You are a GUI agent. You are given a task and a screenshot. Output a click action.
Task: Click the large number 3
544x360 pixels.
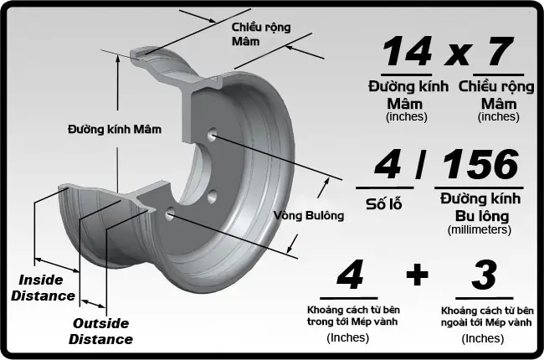point(484,275)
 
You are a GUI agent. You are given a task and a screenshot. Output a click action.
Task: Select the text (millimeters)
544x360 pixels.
point(480,229)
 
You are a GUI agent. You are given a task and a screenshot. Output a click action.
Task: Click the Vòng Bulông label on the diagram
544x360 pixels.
point(309,215)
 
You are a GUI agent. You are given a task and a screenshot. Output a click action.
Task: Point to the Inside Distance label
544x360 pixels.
point(47,287)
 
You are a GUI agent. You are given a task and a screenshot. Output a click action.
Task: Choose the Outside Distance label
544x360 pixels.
point(100,332)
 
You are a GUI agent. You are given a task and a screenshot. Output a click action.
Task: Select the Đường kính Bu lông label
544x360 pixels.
point(480,206)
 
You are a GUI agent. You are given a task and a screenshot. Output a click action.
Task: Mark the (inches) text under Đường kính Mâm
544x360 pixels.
point(407,116)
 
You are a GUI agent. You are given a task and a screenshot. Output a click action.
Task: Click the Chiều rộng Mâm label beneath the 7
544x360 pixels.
point(497,95)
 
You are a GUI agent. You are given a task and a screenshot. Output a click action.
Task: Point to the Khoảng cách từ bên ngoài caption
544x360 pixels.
point(486,316)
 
